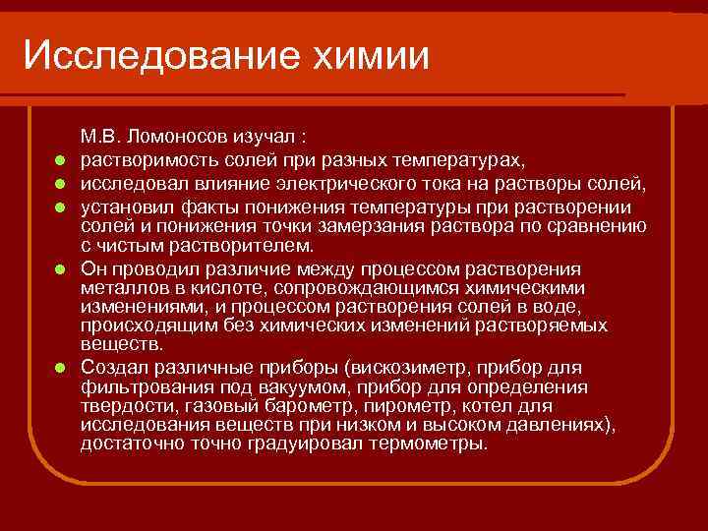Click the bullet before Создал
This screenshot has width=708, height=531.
pyautogui.click(x=61, y=367)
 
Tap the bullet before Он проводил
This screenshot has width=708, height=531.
pyautogui.click(x=61, y=268)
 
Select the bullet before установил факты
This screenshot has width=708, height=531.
pyautogui.click(x=61, y=208)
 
